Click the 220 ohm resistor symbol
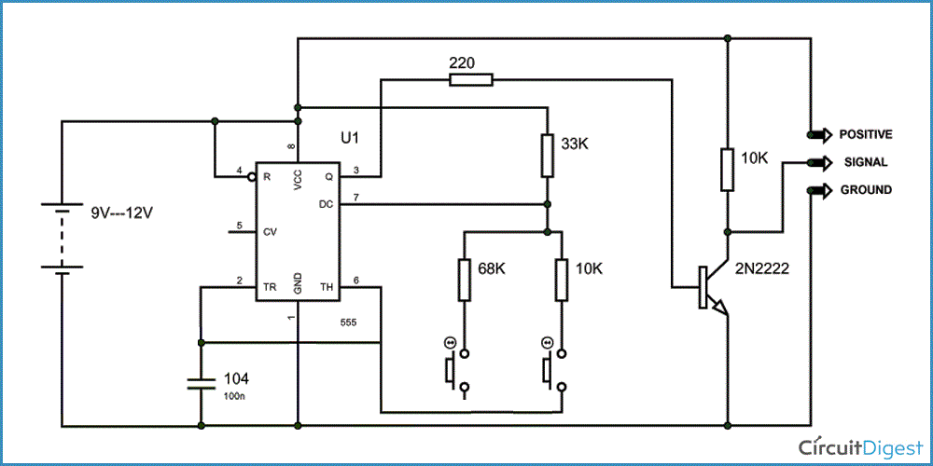(x=471, y=80)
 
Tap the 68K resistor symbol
(x=464, y=280)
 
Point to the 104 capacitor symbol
(x=202, y=383)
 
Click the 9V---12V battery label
(x=120, y=212)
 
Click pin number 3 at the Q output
(x=355, y=170)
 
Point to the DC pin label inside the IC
(x=326, y=202)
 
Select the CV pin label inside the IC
(x=271, y=230)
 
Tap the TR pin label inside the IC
(x=270, y=287)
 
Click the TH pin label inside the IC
(x=327, y=287)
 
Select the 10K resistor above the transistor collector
(x=725, y=170)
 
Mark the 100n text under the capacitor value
(x=234, y=397)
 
